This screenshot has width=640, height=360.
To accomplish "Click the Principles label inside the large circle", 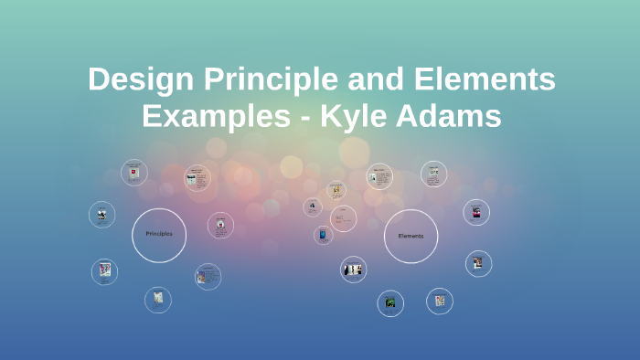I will coord(159,234).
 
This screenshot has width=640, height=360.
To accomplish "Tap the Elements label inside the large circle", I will coord(411,236).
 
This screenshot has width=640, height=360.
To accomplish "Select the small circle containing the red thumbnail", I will coord(134,173).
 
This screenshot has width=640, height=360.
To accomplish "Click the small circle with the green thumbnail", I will coord(390,302).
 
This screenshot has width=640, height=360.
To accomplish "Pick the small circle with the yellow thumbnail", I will coord(336,190).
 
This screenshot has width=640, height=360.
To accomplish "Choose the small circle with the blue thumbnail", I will coord(323,235).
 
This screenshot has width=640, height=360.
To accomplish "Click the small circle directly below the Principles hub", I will coord(158,299).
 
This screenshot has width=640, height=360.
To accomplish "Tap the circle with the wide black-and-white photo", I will coord(353,269).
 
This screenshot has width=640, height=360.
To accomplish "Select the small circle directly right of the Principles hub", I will coord(220,226).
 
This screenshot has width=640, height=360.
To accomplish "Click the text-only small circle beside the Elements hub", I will coord(344,217).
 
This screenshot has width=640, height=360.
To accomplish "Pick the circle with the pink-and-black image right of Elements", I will coord(475,213).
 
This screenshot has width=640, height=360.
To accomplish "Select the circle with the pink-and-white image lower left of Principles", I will coord(104,270).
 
